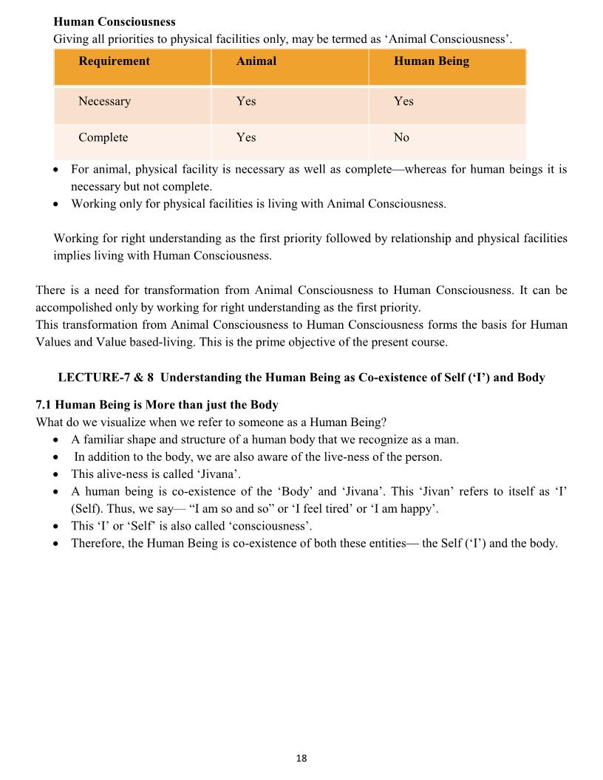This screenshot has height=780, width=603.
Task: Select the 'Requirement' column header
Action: (114, 61)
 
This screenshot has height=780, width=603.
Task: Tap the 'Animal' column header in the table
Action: (256, 61)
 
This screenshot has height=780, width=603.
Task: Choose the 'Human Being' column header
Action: (431, 61)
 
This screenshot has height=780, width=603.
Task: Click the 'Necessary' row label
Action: (104, 101)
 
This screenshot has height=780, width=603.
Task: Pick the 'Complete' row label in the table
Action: (103, 137)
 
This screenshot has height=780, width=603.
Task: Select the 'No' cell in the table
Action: (401, 137)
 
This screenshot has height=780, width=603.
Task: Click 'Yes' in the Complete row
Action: (246, 137)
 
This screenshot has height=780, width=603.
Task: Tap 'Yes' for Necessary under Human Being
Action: (403, 101)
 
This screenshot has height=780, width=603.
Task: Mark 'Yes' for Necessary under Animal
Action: (246, 101)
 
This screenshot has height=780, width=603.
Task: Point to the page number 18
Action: (301, 759)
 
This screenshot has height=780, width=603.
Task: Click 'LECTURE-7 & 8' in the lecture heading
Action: (106, 377)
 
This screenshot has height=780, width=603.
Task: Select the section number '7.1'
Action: (44, 406)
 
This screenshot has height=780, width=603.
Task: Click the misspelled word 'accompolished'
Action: (72, 307)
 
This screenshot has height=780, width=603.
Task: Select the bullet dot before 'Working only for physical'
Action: (58, 205)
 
